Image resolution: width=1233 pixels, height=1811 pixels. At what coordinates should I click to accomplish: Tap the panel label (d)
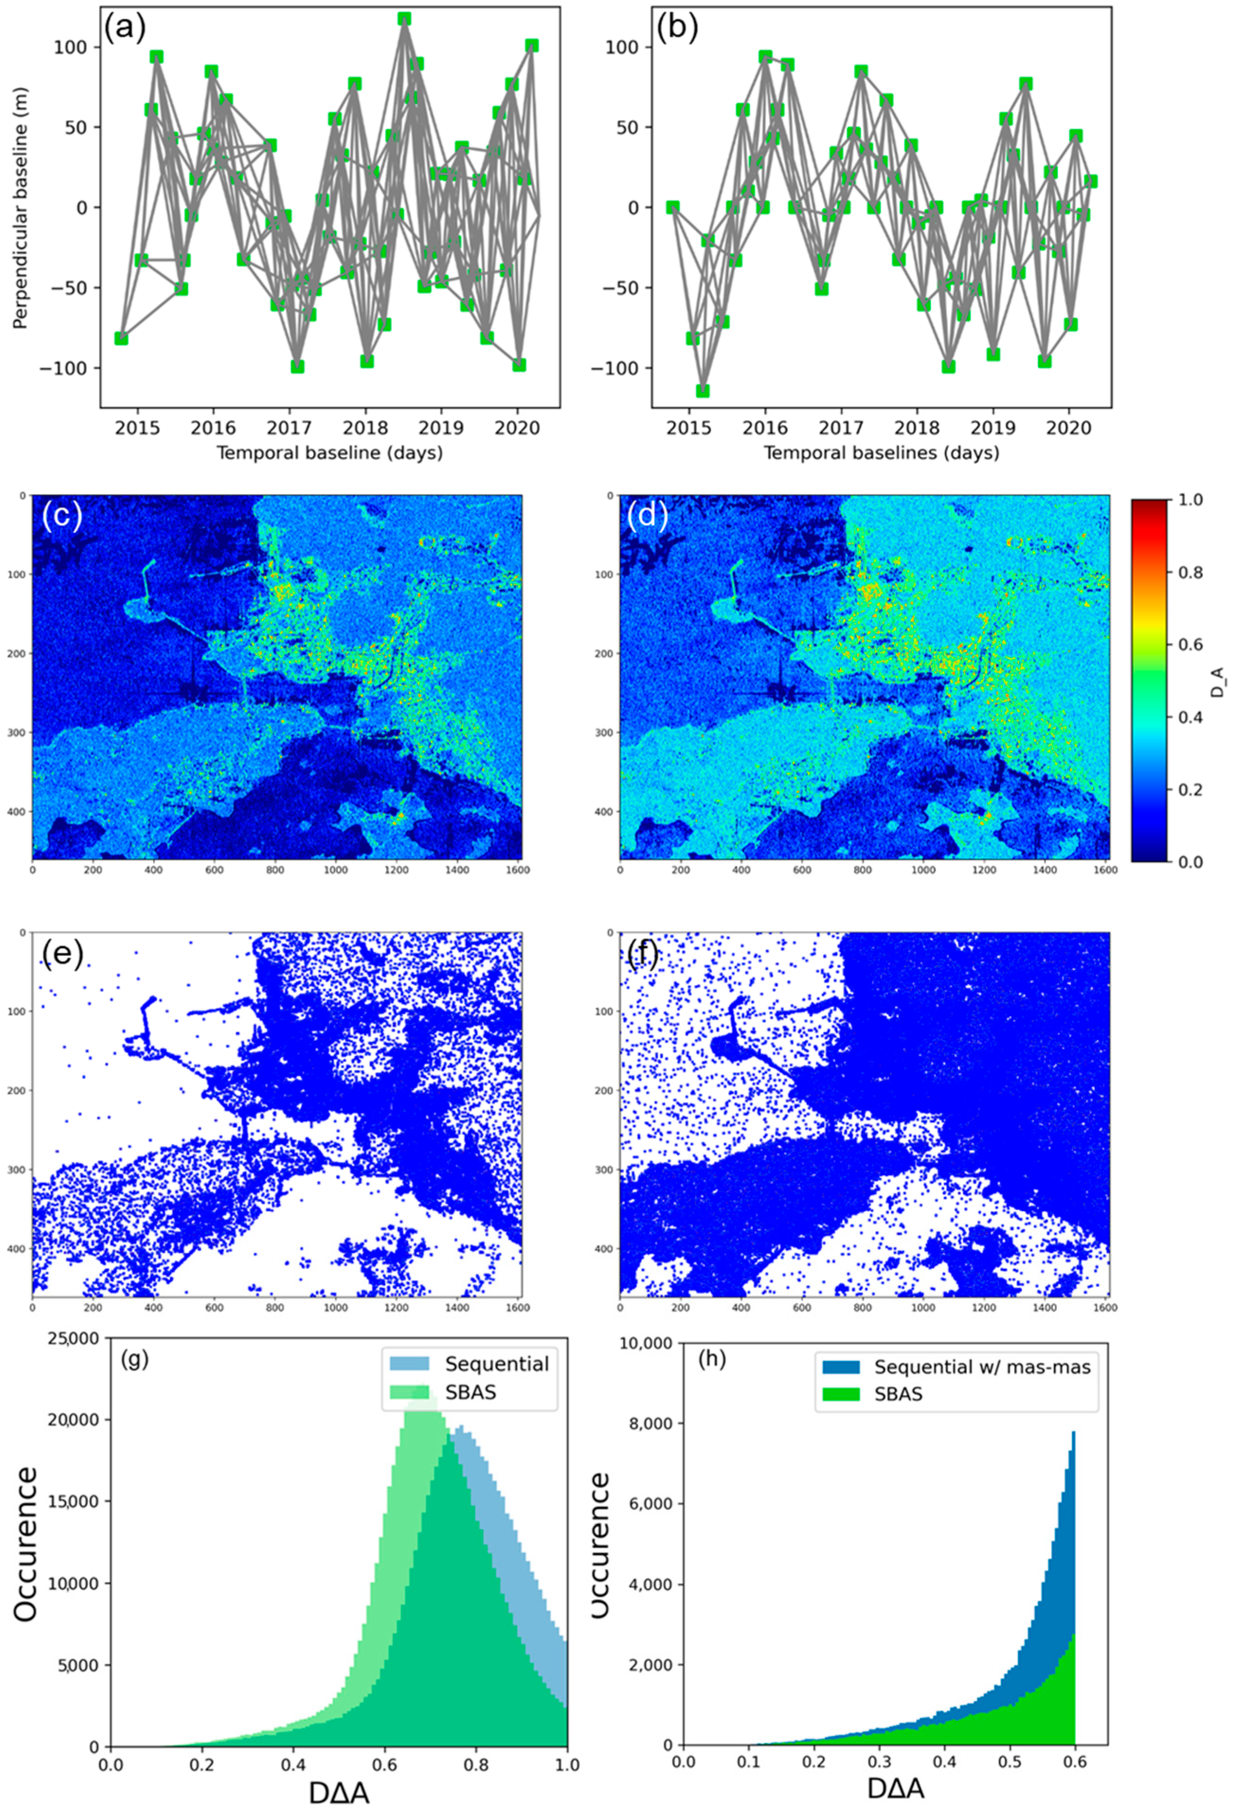[647, 516]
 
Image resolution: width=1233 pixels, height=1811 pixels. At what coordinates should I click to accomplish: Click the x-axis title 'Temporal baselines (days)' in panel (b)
[881, 453]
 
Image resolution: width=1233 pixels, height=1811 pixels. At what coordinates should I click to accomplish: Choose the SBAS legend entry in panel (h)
[898, 1394]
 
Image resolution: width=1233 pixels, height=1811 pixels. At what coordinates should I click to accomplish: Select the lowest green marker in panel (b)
[703, 391]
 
